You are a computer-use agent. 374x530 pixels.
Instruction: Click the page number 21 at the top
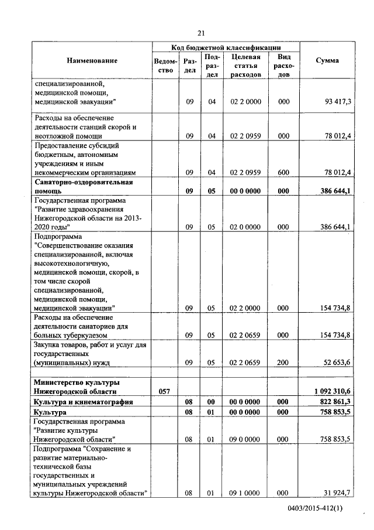[201, 33]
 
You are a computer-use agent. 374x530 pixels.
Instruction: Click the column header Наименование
[92, 61]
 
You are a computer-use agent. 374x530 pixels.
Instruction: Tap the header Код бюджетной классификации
[226, 47]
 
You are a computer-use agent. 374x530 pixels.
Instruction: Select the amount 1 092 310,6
[332, 391]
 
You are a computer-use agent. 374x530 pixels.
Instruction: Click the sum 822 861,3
[335, 402]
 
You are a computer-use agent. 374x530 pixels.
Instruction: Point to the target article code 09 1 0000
[245, 493]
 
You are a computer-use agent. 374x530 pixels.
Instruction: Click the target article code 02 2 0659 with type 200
[245, 363]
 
